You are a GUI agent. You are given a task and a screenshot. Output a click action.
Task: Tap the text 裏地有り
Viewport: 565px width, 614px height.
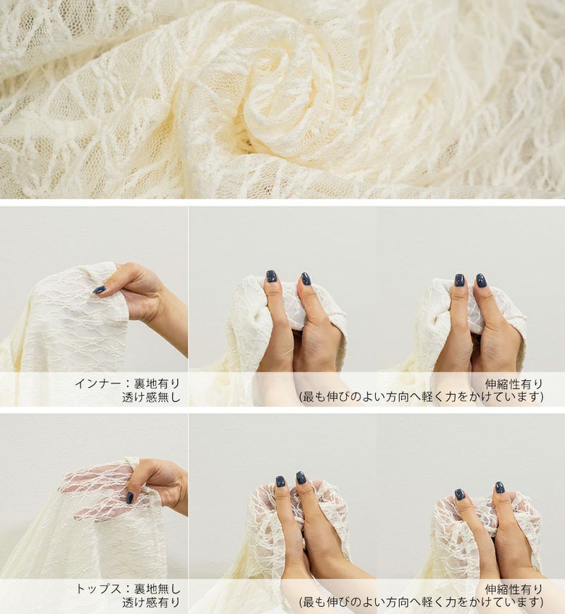(x=157, y=384)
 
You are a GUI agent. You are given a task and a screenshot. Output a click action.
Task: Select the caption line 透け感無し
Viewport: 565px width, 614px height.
(x=151, y=397)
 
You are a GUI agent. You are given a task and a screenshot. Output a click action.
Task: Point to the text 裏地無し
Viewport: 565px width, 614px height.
(x=157, y=589)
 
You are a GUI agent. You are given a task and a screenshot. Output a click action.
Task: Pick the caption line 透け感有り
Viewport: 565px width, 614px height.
(x=151, y=603)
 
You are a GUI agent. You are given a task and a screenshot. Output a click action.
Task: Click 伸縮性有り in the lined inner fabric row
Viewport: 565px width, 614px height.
(x=514, y=384)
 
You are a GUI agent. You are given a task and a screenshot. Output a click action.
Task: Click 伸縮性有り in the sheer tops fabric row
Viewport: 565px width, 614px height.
(x=514, y=589)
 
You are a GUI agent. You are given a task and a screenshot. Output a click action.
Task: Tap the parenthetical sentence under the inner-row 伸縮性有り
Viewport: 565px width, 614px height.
(x=422, y=397)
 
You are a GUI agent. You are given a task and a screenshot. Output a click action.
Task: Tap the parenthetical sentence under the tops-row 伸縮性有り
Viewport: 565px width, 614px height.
(x=422, y=603)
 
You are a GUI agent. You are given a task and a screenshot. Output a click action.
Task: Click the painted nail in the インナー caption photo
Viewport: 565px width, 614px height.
(x=100, y=290)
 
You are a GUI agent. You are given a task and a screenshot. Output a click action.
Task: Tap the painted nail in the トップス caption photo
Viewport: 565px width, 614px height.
(x=130, y=497)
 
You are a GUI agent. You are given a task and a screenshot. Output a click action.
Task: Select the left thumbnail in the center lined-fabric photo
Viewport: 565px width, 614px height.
(x=271, y=276)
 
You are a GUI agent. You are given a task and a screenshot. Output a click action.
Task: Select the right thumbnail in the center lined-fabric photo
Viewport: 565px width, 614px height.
(x=307, y=279)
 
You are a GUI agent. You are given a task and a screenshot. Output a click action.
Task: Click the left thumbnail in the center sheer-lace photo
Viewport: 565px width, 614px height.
(x=280, y=481)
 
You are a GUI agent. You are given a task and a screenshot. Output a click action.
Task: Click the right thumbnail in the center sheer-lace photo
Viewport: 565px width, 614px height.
(x=301, y=478)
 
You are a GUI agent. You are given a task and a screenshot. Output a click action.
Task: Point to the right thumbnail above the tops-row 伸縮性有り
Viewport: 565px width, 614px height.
(x=499, y=487)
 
